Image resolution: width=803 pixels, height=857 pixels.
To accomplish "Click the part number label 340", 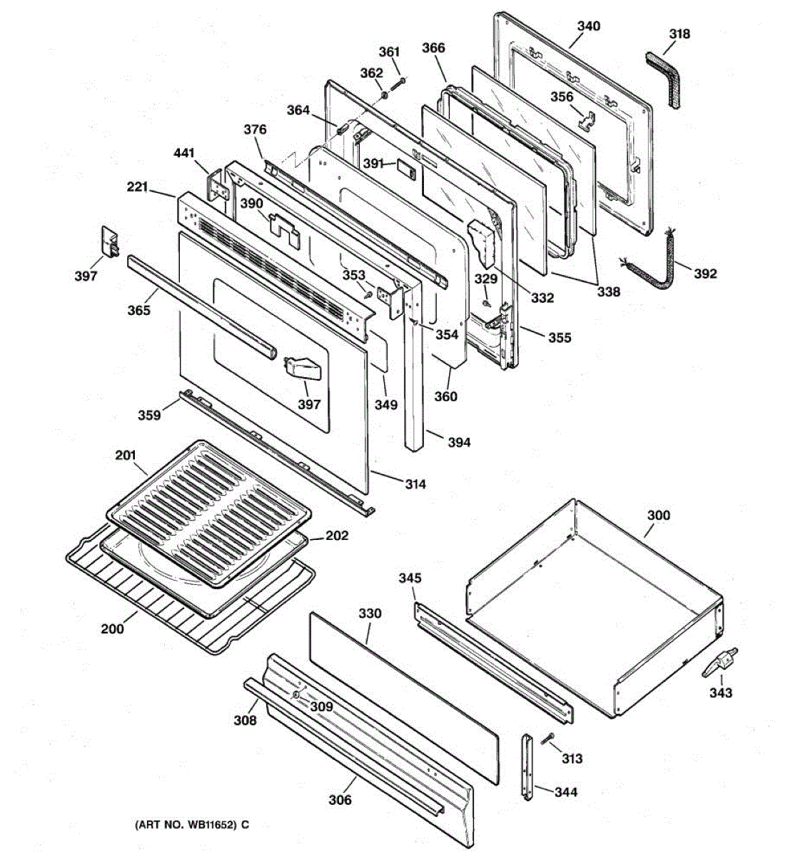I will pyautogui.click(x=588, y=26).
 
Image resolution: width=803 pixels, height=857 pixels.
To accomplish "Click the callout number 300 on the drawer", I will pyautogui.click(x=658, y=515).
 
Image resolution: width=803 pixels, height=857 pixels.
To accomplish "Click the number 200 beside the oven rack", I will pyautogui.click(x=112, y=628).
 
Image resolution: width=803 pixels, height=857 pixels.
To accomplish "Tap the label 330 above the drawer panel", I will pyautogui.click(x=370, y=613).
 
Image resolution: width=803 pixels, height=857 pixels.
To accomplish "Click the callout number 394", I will pyautogui.click(x=459, y=443).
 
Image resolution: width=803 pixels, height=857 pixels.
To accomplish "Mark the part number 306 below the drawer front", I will pyautogui.click(x=340, y=799).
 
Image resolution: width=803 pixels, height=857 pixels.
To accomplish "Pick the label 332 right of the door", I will pyautogui.click(x=542, y=298).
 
